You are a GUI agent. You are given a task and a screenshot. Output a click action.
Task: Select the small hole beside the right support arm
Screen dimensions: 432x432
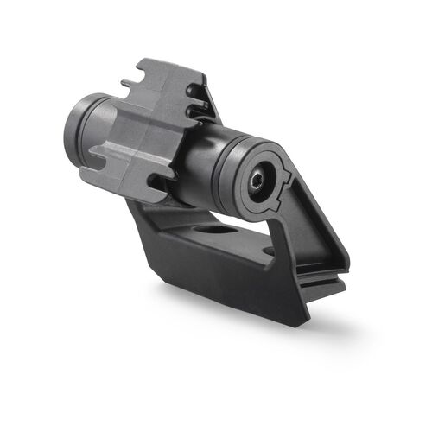click(269, 251)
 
